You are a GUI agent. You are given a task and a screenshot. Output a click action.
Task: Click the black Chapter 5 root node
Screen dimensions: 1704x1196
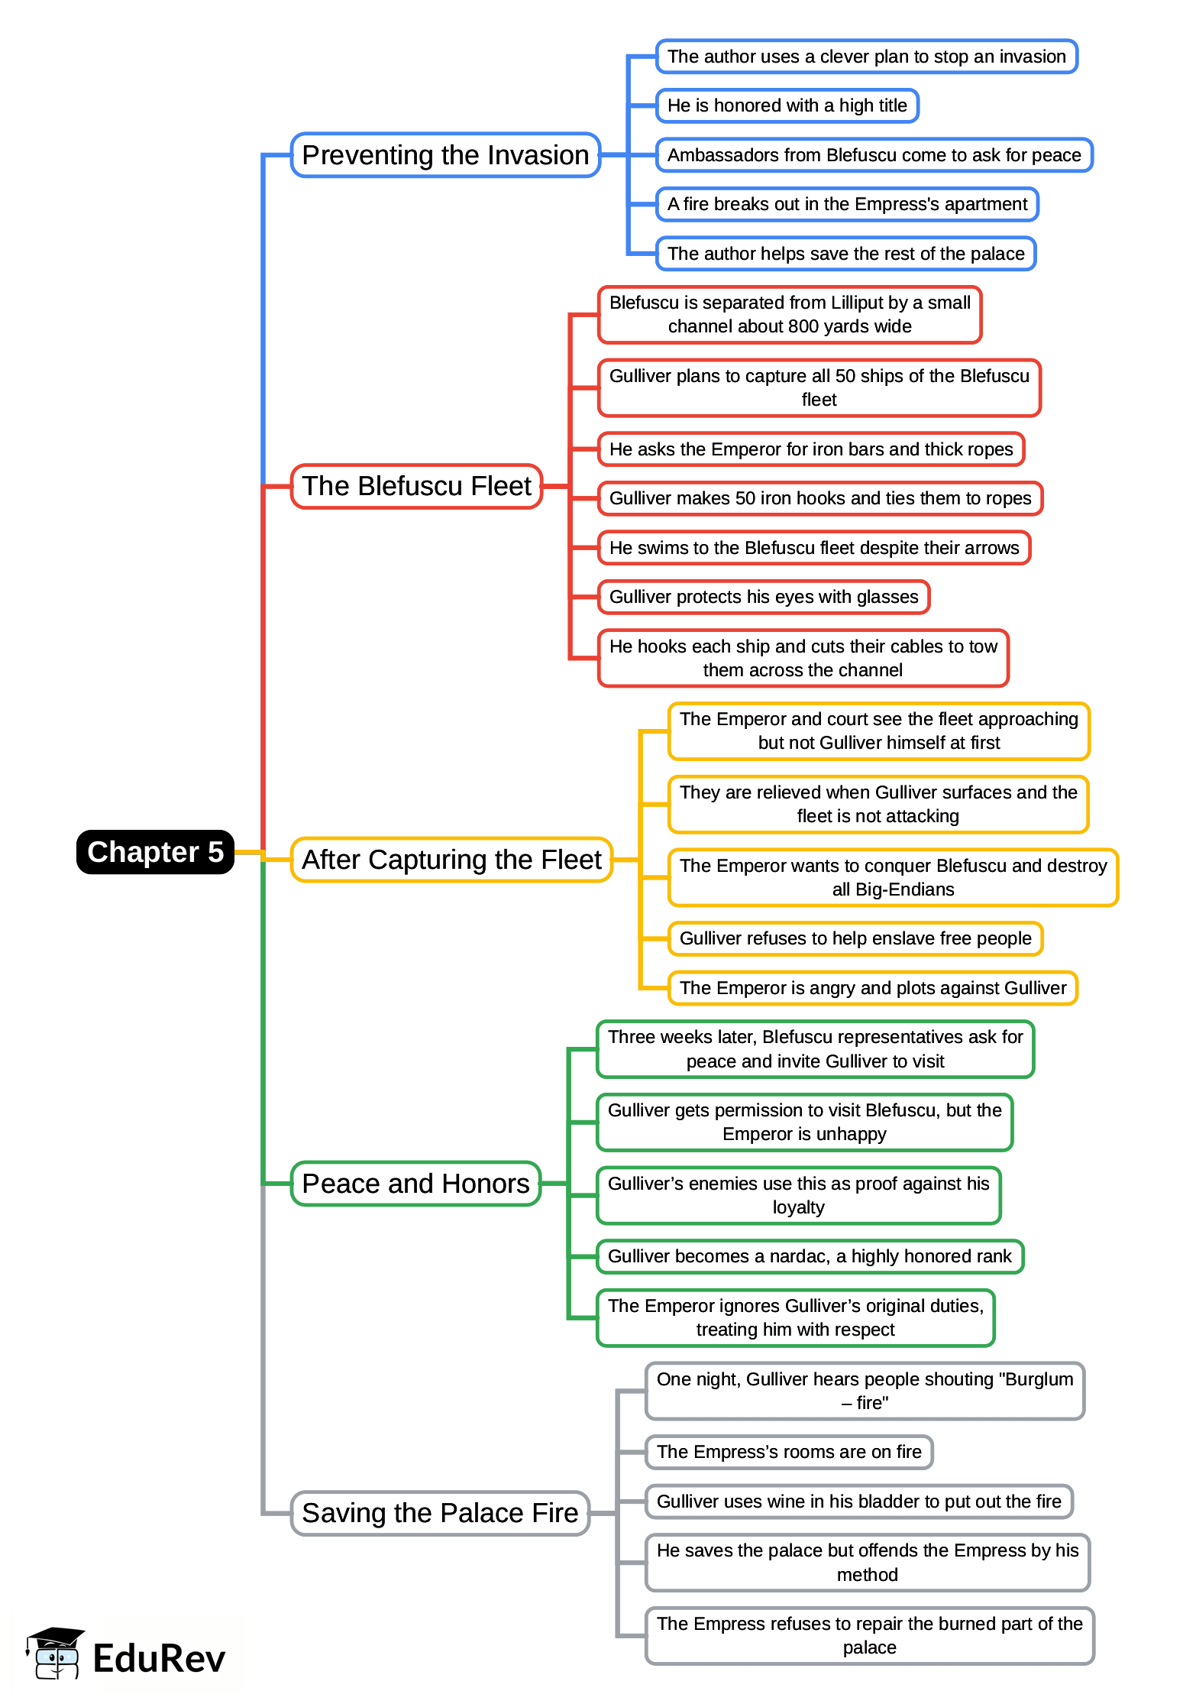pos(155,852)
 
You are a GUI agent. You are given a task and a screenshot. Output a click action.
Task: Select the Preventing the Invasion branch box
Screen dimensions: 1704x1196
pos(445,155)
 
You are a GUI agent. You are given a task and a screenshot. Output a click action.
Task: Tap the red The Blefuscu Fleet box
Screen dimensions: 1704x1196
pos(416,486)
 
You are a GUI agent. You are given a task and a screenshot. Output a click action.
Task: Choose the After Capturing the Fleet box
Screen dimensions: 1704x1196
pos(451,860)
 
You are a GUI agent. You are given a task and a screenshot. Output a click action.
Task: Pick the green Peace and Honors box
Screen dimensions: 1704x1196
pos(415,1184)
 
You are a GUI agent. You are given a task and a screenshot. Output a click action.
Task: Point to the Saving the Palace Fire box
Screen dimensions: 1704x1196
pos(440,1513)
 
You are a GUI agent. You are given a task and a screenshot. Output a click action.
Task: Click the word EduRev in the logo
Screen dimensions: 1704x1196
pos(159,1658)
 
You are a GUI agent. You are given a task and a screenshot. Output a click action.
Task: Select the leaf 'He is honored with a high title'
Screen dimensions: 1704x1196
pos(787,105)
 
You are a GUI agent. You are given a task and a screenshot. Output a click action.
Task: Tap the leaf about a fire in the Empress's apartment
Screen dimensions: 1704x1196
pos(847,204)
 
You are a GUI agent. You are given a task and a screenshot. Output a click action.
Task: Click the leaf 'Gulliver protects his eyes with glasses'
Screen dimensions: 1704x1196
pos(764,597)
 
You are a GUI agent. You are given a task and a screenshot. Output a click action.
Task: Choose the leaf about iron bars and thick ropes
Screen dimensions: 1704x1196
pos(811,449)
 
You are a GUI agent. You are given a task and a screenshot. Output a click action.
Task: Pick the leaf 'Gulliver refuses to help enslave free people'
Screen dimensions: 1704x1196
pos(855,938)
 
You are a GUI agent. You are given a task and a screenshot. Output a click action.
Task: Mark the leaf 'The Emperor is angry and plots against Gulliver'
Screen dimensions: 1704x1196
pos(873,988)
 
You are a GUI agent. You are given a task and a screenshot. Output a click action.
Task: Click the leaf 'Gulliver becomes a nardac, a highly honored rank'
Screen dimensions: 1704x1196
pos(810,1256)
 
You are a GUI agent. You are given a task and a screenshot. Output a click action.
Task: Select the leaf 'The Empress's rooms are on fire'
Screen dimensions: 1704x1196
pos(789,1452)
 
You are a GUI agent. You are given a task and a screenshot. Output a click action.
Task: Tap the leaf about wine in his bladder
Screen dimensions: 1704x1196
pos(858,1502)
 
